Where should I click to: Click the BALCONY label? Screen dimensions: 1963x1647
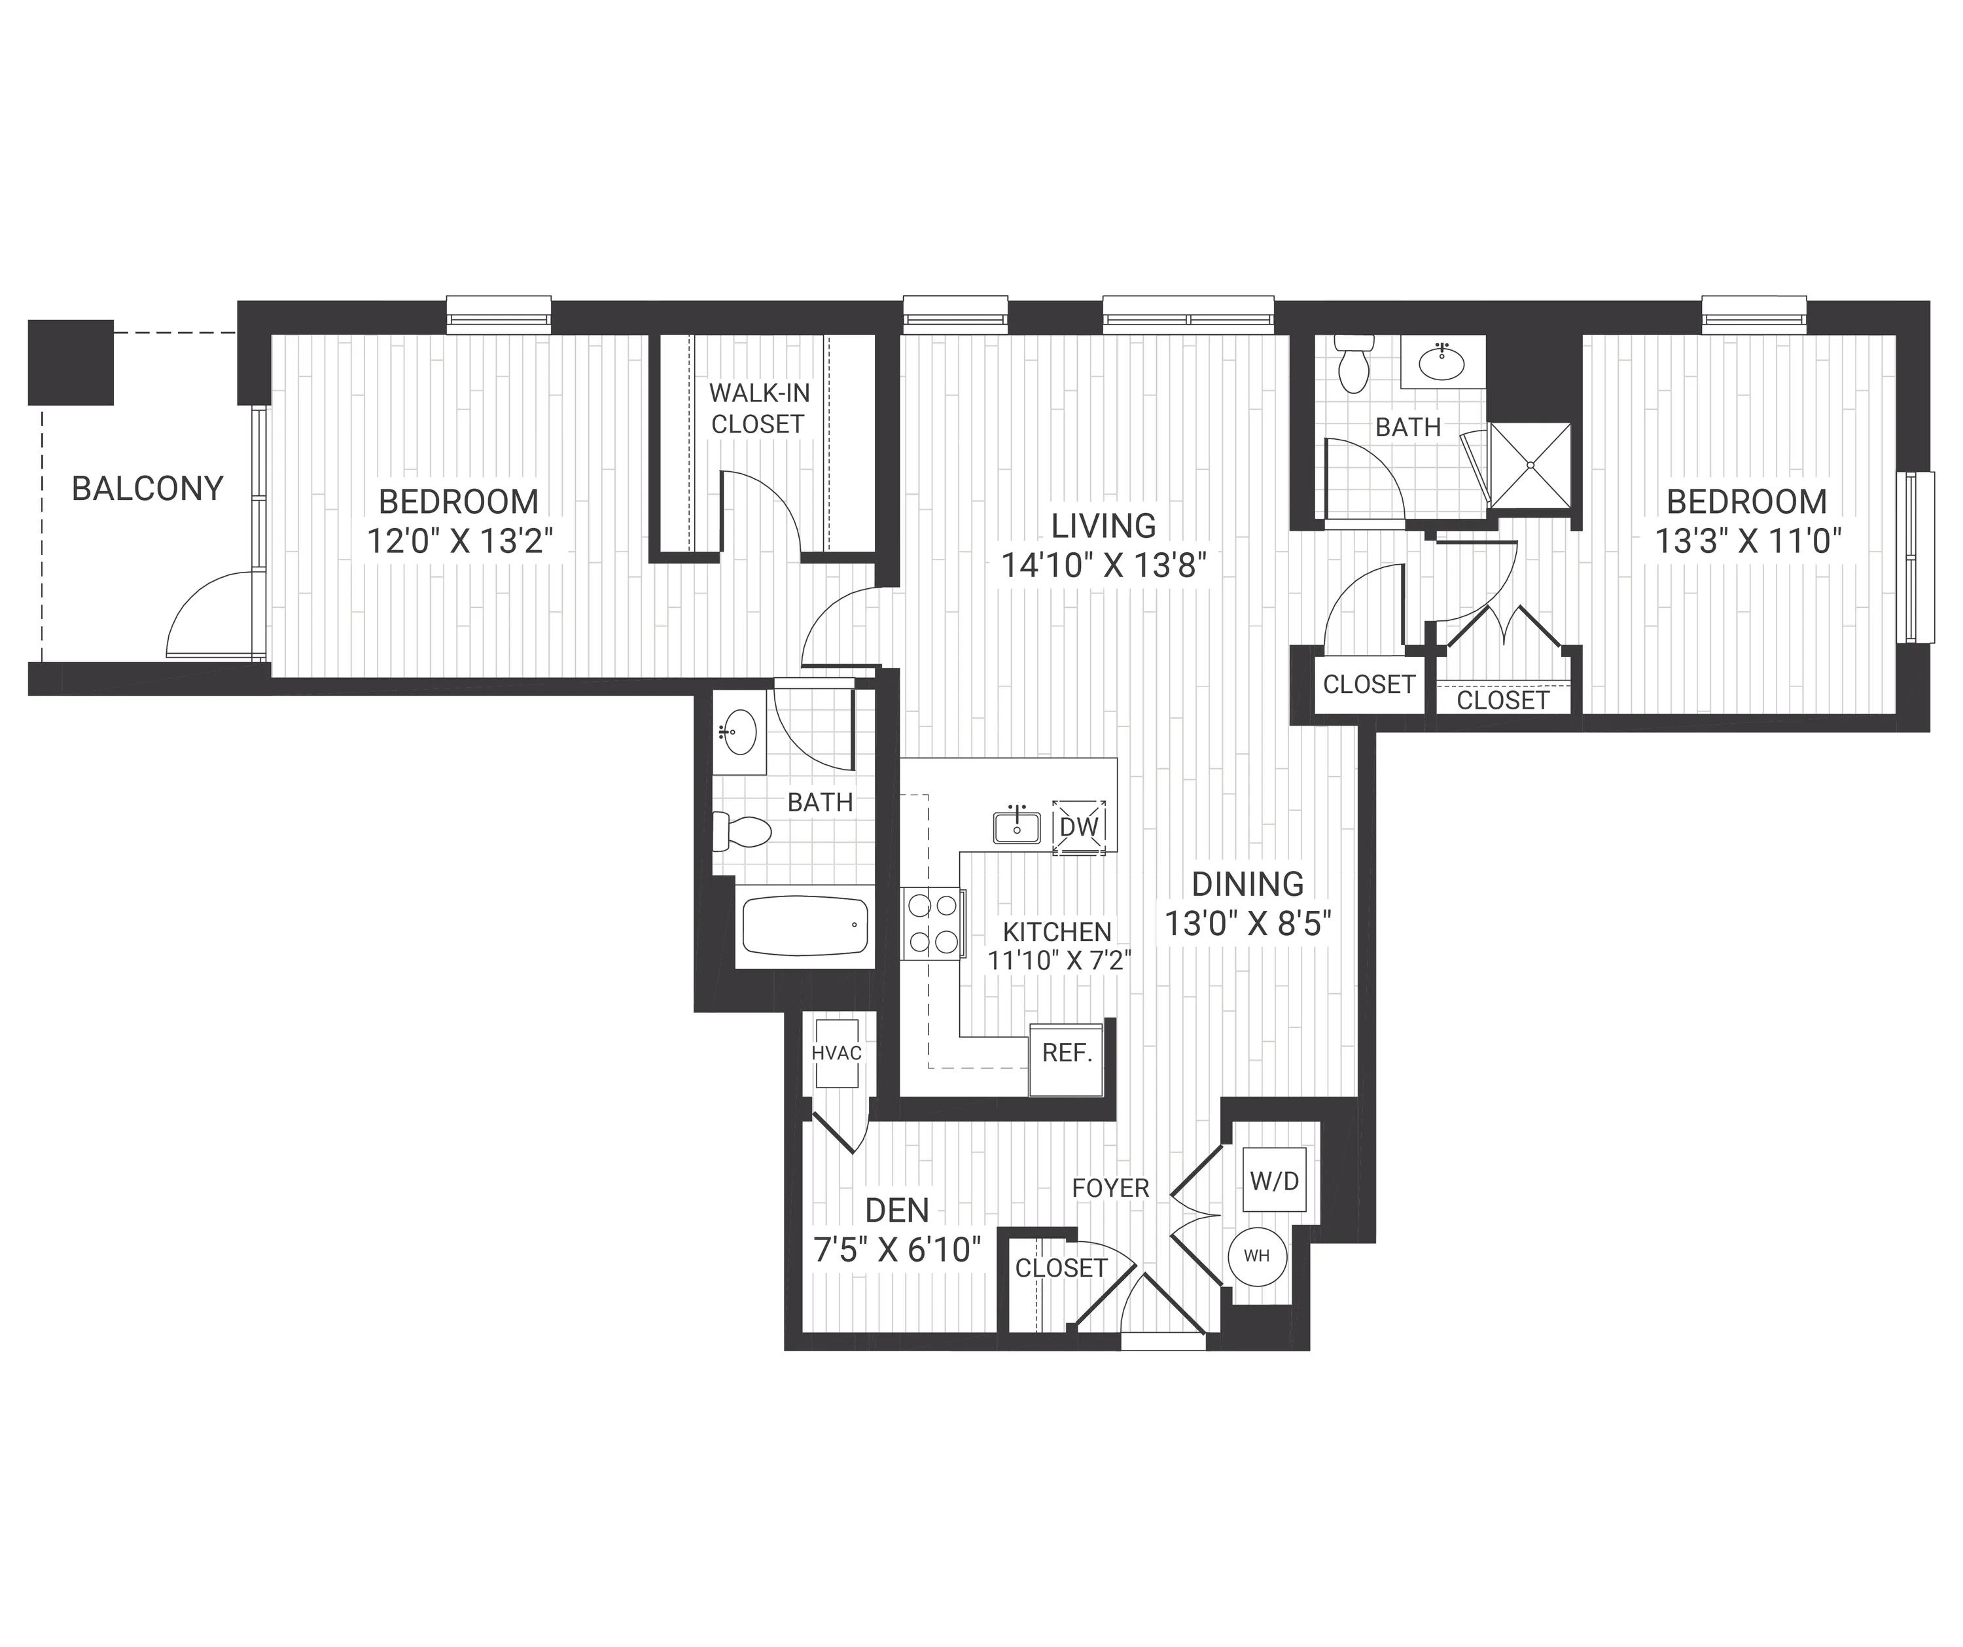(148, 489)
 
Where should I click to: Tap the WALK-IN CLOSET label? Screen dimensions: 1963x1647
(758, 408)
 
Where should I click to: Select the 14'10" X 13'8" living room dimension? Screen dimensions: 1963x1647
(1104, 565)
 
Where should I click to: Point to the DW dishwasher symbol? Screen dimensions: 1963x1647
(1080, 826)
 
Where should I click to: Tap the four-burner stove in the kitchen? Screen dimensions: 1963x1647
(933, 923)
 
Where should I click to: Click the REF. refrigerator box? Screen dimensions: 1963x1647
(1067, 1058)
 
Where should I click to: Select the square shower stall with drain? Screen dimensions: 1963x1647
(1529, 465)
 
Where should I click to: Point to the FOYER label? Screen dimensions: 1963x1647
(1110, 1188)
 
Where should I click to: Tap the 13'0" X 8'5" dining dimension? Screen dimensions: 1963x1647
(1248, 923)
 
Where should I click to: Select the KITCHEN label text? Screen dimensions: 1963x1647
(1057, 932)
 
